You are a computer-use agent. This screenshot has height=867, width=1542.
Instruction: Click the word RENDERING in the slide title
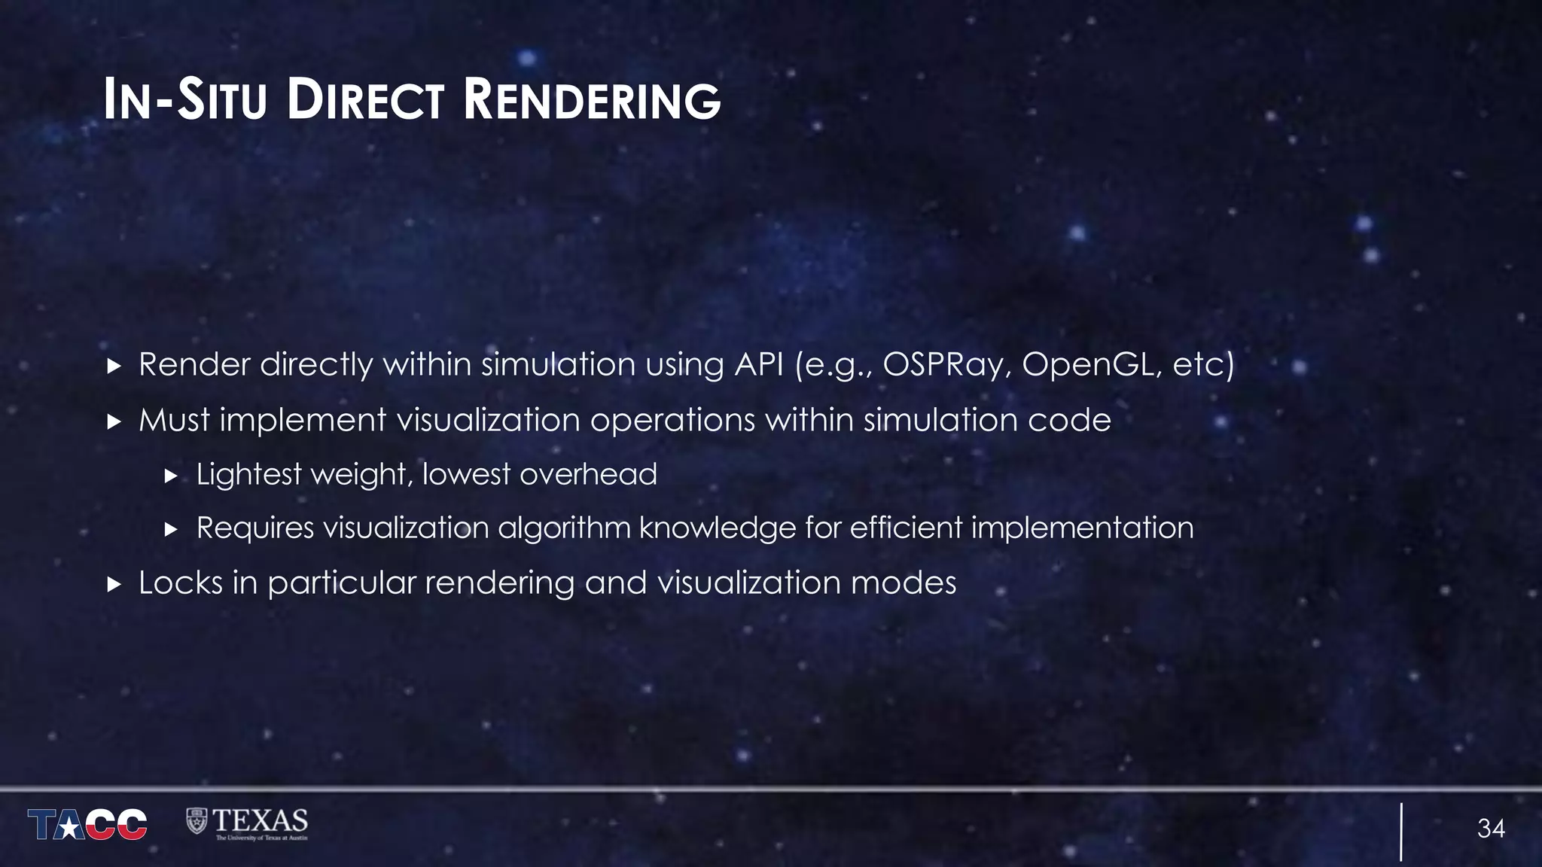(x=592, y=101)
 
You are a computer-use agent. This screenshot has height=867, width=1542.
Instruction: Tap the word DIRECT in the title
(x=365, y=101)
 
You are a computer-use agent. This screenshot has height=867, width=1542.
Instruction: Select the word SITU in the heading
(x=222, y=101)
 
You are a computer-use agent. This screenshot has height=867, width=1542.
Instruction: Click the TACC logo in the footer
(x=87, y=824)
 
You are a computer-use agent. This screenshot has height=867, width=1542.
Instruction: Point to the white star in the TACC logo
(x=69, y=828)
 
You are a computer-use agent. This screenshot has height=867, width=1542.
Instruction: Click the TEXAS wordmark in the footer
(x=260, y=820)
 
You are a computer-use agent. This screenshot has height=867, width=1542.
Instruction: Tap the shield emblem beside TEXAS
(x=197, y=821)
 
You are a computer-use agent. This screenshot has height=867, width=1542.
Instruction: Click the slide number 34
(x=1491, y=829)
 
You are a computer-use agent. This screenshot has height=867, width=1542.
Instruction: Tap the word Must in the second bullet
(x=174, y=420)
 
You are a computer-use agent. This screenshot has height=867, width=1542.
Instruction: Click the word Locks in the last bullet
(x=181, y=583)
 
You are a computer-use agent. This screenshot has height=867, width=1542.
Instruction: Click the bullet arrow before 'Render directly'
(x=114, y=367)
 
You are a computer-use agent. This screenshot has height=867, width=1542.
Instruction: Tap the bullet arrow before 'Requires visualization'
(x=171, y=530)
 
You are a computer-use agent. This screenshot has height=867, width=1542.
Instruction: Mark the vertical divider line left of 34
(x=1401, y=832)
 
